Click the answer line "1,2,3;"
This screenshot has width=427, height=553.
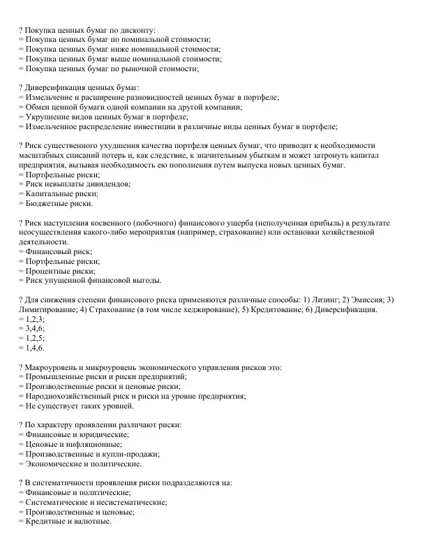pos(34,318)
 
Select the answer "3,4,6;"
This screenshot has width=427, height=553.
pos(34,328)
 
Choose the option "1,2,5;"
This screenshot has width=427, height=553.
pos(34,338)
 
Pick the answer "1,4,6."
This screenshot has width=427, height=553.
pos(34,348)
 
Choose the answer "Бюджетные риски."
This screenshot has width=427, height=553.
pos(59,204)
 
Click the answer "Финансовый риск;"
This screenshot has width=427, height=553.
pos(59,251)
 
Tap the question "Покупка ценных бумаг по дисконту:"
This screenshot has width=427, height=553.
pos(90,31)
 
